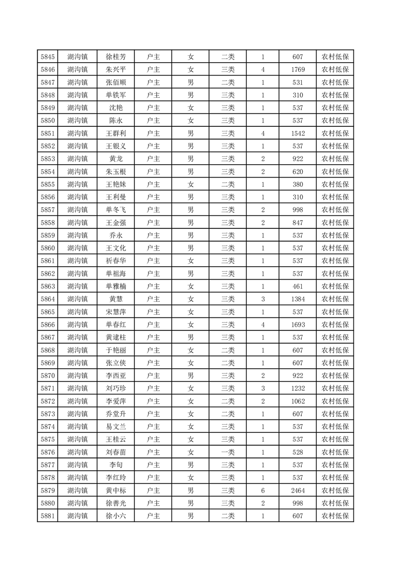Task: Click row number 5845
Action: [47, 57]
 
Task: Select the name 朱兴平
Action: [116, 70]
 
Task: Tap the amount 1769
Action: [297, 70]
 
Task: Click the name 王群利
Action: [116, 134]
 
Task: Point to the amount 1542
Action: [297, 134]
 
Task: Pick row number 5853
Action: [47, 159]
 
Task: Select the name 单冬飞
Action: [116, 210]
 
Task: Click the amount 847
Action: [297, 223]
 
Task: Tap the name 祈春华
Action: [116, 261]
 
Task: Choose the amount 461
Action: [297, 286]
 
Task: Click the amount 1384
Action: [297, 299]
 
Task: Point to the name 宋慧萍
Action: [116, 312]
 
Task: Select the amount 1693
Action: [297, 325]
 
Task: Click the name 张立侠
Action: [116, 363]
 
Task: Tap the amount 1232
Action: [297, 388]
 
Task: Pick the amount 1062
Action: [297, 401]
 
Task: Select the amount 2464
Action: [297, 490]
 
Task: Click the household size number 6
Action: [263, 490]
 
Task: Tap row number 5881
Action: [47, 516]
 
